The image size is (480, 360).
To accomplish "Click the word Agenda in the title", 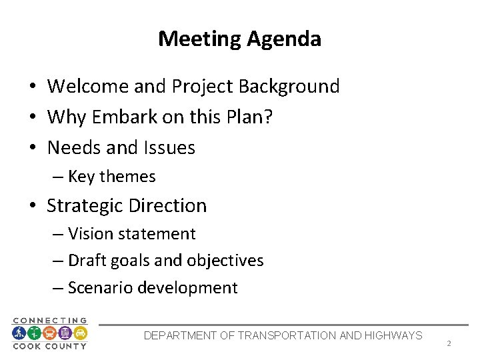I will click(283, 39).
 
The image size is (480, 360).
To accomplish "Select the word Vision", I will click(88, 234).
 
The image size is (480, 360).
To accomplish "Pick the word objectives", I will click(227, 261).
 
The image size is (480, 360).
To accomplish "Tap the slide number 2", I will click(449, 344).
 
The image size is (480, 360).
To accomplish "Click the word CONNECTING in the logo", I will click(50, 321).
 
